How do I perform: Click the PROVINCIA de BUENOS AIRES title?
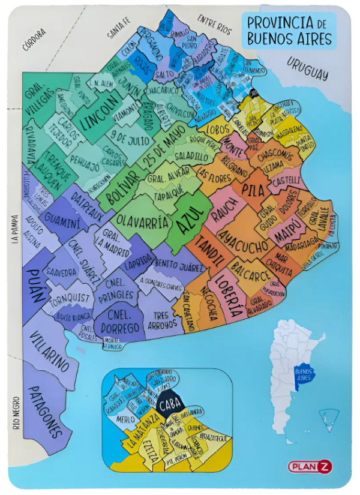tap(289, 31)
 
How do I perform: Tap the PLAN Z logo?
tap(309, 466)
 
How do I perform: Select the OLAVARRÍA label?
tap(142, 224)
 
